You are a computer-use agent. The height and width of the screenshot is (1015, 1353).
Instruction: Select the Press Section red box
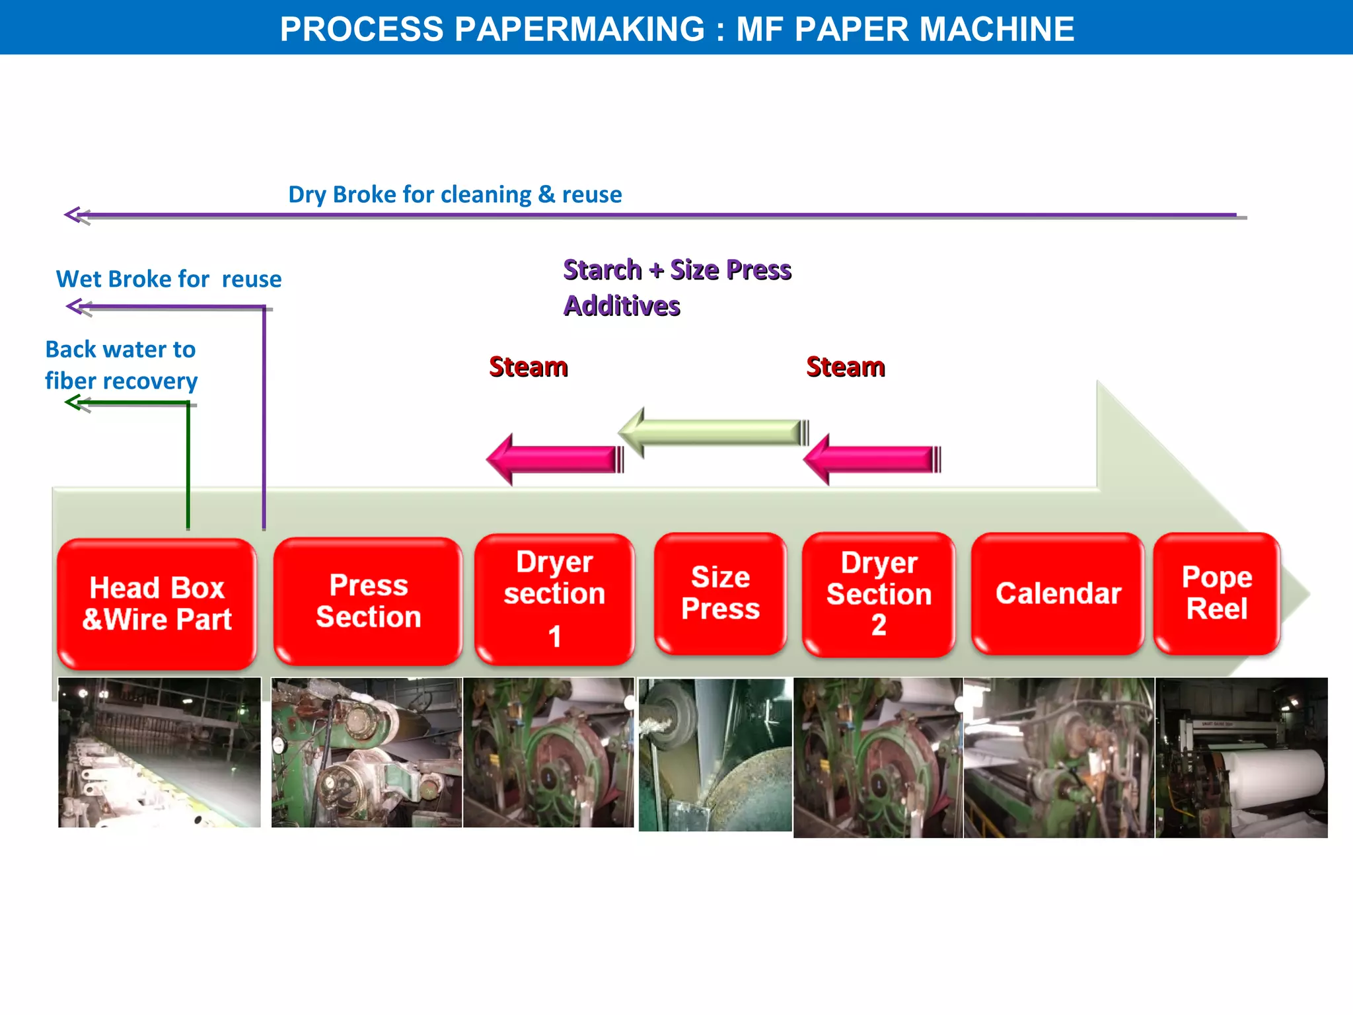pyautogui.click(x=368, y=601)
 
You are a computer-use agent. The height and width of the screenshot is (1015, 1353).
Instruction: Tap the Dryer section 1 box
pyautogui.click(x=554, y=599)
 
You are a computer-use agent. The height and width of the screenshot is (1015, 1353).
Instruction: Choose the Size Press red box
pyautogui.click(x=720, y=593)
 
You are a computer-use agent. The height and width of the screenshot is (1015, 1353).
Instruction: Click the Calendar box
pyautogui.click(x=1058, y=593)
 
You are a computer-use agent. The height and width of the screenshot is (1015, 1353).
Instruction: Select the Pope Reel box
pyautogui.click(x=1217, y=593)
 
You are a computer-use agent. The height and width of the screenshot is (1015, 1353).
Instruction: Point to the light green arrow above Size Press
pyautogui.click(x=713, y=433)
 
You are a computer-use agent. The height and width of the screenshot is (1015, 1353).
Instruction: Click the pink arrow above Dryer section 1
pyautogui.click(x=555, y=459)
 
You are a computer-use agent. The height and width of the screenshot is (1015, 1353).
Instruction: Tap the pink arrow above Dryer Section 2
pyautogui.click(x=872, y=459)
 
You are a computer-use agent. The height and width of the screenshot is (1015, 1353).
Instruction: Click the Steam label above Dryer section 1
pyautogui.click(x=529, y=367)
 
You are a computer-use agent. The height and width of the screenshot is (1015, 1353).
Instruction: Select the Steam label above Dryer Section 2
pyautogui.click(x=846, y=367)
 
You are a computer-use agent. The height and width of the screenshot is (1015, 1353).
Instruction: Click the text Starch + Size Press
pyautogui.click(x=677, y=270)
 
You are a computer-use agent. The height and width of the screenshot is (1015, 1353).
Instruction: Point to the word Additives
pyautogui.click(x=622, y=306)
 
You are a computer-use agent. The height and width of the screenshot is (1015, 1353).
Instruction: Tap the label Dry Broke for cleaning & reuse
pyautogui.click(x=455, y=194)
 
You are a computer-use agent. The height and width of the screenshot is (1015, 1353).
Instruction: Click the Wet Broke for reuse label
pyautogui.click(x=168, y=279)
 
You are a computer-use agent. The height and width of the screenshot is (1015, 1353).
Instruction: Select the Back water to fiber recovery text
pyautogui.click(x=121, y=365)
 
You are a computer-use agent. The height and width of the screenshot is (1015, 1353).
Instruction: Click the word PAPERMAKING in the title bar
pyautogui.click(x=580, y=29)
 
